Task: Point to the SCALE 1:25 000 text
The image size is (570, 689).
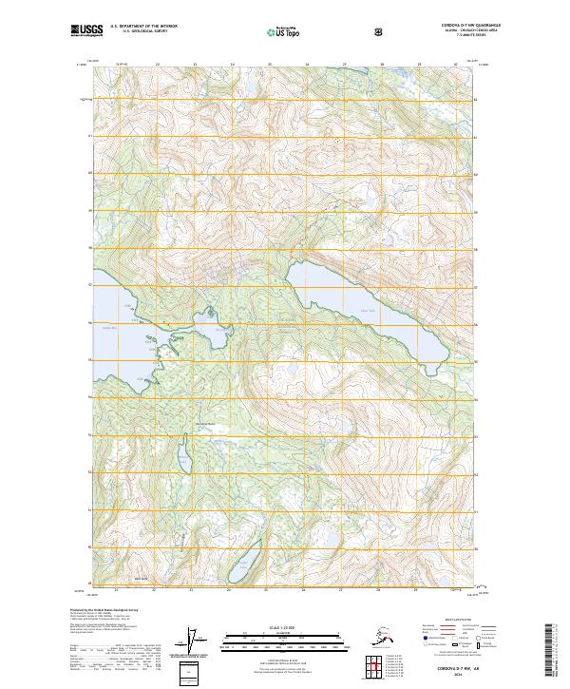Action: point(284,627)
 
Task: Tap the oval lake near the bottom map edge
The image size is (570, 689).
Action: point(243,564)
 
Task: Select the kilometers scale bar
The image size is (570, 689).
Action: point(284,635)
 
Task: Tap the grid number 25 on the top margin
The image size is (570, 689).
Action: point(270,64)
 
